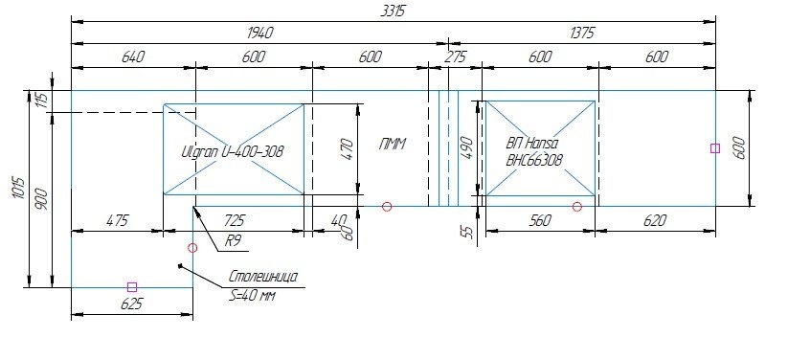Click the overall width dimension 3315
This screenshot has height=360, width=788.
[393, 11]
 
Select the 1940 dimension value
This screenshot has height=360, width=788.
[260, 34]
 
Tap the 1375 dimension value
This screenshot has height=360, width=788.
[582, 34]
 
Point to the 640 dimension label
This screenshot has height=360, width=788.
[133, 56]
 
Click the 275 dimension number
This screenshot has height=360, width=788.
[456, 56]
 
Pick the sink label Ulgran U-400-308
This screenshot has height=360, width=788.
[232, 151]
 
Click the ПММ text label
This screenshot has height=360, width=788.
[392, 145]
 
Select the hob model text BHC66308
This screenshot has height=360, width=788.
[533, 160]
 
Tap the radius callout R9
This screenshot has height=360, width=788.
[232, 241]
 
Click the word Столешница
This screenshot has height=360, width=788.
[263, 277]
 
